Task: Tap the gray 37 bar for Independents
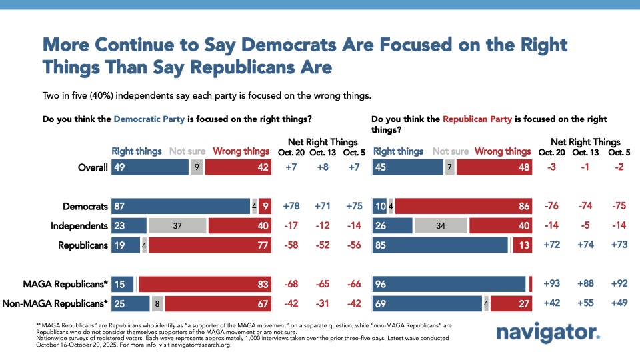(x=177, y=226)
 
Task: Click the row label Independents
(x=81, y=226)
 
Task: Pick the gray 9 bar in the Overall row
(x=197, y=167)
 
